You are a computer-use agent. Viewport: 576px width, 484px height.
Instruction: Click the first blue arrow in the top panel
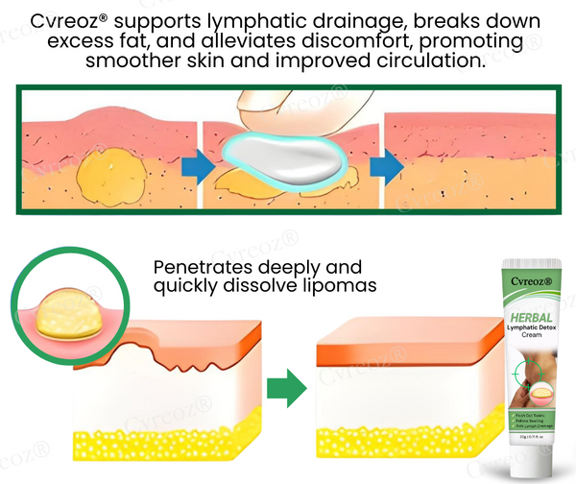tap(197, 165)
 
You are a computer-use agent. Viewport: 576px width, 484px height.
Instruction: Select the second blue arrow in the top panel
tap(385, 165)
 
